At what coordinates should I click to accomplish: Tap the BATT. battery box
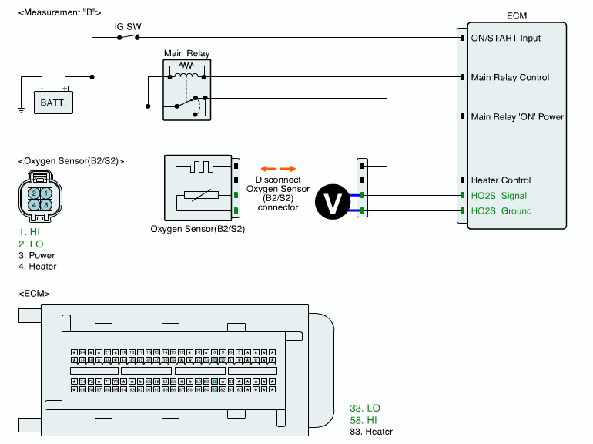click(x=54, y=101)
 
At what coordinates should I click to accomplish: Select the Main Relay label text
click(x=186, y=54)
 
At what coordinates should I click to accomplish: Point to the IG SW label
click(x=128, y=26)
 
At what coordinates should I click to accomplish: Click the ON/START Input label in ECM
click(x=506, y=38)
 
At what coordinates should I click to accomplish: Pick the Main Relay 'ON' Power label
click(x=518, y=117)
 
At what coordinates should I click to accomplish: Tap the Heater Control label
click(x=501, y=180)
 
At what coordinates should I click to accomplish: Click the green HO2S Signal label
click(x=498, y=196)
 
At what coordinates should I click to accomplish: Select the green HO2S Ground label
click(x=501, y=210)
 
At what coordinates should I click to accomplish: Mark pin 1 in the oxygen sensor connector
click(x=46, y=193)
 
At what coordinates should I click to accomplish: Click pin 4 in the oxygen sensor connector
click(x=35, y=205)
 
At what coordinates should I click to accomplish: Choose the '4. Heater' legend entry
click(x=37, y=267)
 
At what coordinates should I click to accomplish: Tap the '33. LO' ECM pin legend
click(x=365, y=408)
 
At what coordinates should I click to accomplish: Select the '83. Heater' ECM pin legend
click(x=371, y=432)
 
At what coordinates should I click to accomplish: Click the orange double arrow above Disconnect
click(x=277, y=168)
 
